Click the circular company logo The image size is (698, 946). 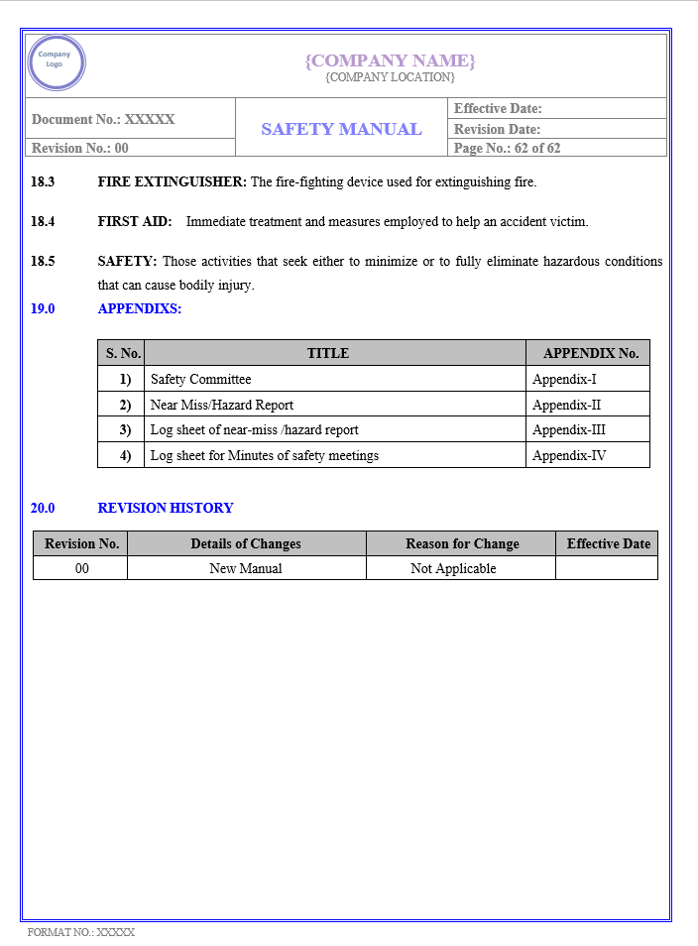[57, 62]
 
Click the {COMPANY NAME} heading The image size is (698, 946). [390, 60]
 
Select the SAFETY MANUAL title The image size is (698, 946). [341, 129]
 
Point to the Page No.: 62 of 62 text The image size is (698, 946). [507, 148]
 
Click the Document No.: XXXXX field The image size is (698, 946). [103, 119]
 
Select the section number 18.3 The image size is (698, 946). [43, 181]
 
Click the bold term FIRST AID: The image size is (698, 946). [135, 221]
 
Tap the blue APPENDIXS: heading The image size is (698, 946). [140, 308]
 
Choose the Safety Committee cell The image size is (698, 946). [201, 379]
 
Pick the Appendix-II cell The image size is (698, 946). [566, 405]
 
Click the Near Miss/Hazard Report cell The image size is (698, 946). [222, 405]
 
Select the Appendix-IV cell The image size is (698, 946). [569, 456]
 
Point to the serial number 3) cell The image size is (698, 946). [125, 430]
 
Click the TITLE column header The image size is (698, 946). [328, 353]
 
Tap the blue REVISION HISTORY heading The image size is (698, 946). [166, 508]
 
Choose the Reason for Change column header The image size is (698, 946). [462, 543]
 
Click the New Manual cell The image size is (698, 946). [246, 568]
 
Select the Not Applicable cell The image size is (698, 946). [453, 568]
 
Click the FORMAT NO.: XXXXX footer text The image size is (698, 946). [81, 932]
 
